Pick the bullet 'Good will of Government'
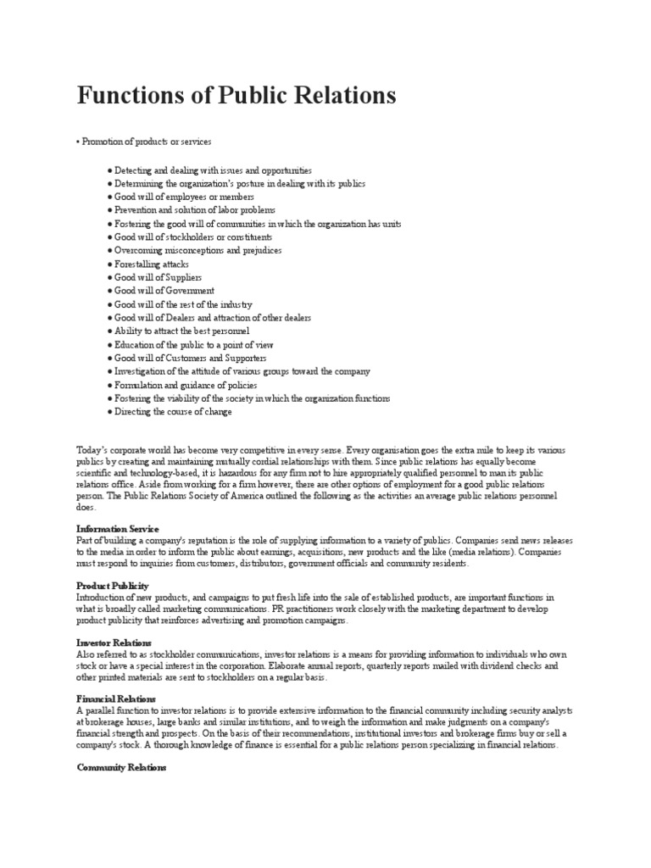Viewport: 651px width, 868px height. (x=162, y=291)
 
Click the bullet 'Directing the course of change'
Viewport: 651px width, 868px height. (x=173, y=412)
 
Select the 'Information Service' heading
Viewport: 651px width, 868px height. (x=118, y=528)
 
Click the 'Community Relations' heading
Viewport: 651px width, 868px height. (x=122, y=767)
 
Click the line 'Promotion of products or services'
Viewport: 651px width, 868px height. (x=146, y=141)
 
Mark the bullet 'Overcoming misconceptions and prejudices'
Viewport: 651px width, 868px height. (x=198, y=251)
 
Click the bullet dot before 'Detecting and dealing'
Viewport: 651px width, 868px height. (x=110, y=170)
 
